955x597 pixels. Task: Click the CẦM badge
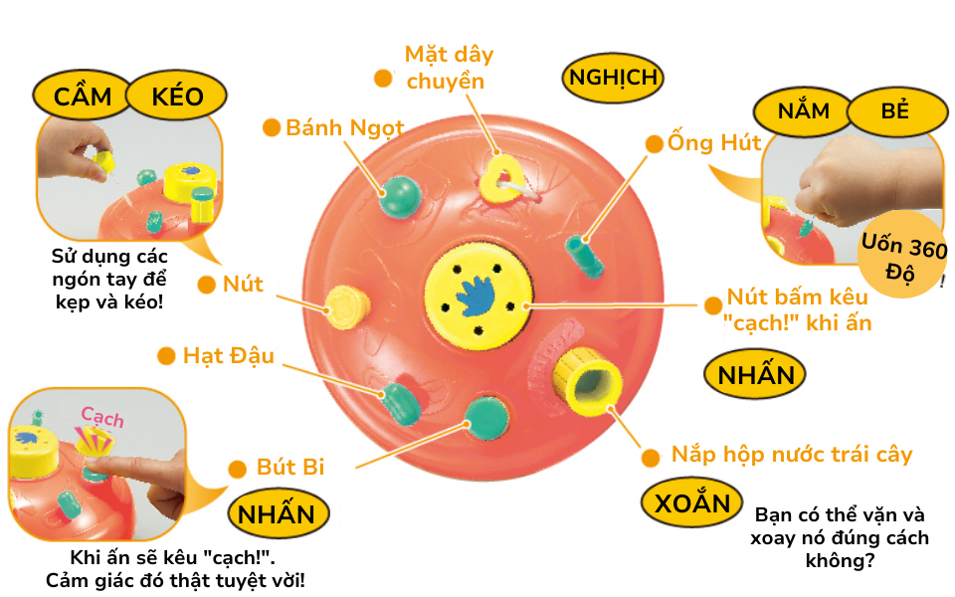tap(83, 97)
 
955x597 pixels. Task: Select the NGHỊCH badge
tap(612, 78)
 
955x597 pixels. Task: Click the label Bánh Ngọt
tap(344, 127)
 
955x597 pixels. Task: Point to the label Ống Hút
tap(714, 142)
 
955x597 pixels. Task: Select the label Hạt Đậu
tap(228, 355)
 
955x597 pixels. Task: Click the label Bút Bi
tap(289, 467)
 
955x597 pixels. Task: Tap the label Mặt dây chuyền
tap(450, 67)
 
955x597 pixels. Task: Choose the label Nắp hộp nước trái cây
tap(791, 455)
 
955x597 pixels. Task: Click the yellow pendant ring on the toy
tap(501, 179)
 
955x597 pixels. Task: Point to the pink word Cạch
tap(102, 416)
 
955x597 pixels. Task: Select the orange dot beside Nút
tap(206, 285)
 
